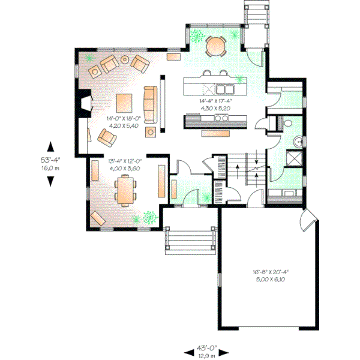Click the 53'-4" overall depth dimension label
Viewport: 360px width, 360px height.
click(51, 160)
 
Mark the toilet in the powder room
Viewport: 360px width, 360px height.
click(287, 124)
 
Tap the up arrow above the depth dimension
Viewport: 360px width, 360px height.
click(51, 146)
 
